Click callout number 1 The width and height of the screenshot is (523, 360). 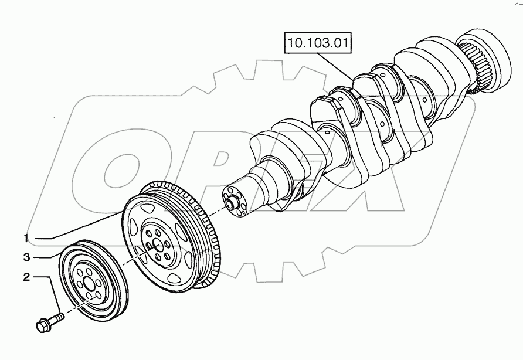click(x=26, y=238)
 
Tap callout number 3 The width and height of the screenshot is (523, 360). click(x=26, y=257)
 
